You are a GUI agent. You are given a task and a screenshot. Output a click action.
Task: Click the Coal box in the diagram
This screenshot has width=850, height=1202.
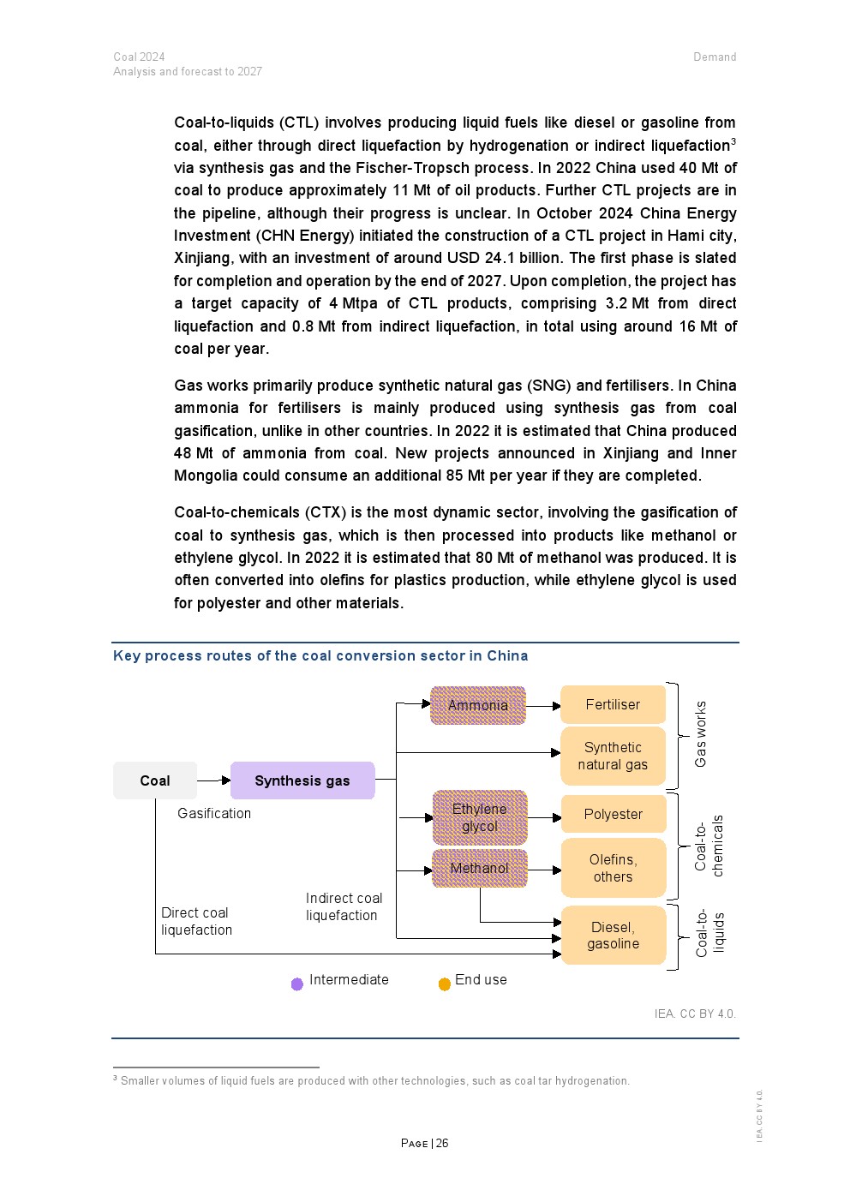pyautogui.click(x=155, y=780)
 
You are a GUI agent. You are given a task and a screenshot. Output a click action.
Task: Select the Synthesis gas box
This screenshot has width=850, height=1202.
pyautogui.click(x=302, y=780)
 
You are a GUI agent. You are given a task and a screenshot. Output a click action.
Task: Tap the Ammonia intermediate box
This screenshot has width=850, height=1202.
pyautogui.click(x=478, y=705)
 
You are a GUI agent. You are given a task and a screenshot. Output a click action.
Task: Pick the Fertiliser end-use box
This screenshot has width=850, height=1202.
pyautogui.click(x=613, y=704)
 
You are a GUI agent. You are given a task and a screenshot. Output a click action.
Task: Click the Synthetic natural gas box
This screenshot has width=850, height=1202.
pyautogui.click(x=613, y=756)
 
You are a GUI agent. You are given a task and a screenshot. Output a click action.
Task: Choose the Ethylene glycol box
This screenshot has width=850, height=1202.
pyautogui.click(x=480, y=817)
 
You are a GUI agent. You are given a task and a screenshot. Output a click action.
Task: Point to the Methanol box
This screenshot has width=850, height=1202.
pyautogui.click(x=480, y=868)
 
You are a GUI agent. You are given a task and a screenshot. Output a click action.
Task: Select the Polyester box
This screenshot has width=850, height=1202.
pyautogui.click(x=613, y=814)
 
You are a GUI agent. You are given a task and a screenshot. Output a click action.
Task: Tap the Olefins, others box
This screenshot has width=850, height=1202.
pyautogui.click(x=613, y=868)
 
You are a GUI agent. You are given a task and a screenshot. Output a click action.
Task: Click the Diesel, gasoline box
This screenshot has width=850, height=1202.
pyautogui.click(x=613, y=935)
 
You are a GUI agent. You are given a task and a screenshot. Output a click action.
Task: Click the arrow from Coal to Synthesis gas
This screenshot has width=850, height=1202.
pyautogui.click(x=214, y=780)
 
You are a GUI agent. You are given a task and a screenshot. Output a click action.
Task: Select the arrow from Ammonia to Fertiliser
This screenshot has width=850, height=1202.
pyautogui.click(x=543, y=706)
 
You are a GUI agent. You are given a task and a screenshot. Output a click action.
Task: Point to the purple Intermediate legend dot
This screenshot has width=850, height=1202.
pyautogui.click(x=297, y=984)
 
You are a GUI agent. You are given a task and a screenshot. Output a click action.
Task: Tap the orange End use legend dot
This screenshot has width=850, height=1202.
pyautogui.click(x=445, y=984)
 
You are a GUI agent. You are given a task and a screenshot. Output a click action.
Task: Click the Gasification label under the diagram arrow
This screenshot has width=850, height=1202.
pyautogui.click(x=214, y=813)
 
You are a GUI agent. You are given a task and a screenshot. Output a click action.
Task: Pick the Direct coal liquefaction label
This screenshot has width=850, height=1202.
pyautogui.click(x=196, y=921)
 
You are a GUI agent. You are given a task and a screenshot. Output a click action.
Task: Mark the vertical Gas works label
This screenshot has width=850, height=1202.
pyautogui.click(x=700, y=734)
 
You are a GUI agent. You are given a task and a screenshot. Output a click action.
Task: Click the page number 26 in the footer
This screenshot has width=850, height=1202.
pyautogui.click(x=442, y=1143)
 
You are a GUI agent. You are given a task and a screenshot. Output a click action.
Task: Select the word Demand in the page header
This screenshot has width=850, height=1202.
pyautogui.click(x=715, y=57)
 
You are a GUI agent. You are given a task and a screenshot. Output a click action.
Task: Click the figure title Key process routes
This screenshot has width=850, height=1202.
pyautogui.click(x=320, y=655)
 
